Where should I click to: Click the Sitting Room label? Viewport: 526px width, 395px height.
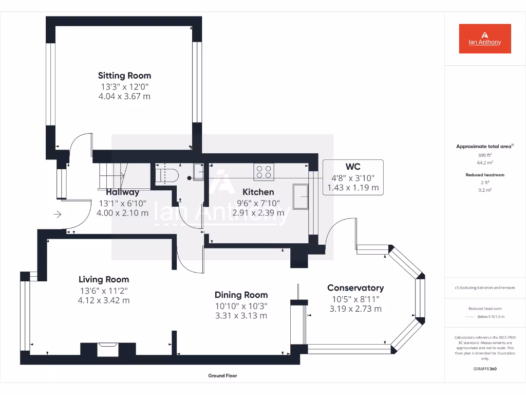[124, 76]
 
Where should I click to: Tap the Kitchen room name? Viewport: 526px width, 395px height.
[258, 192]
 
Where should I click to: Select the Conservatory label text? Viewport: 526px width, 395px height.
[355, 288]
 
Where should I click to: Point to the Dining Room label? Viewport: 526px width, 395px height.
[241, 295]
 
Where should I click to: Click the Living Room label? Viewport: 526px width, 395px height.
[104, 279]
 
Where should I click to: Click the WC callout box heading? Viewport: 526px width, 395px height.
[353, 167]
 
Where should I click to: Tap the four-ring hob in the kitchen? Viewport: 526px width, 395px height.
[264, 171]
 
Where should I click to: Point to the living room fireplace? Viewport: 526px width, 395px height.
[108, 349]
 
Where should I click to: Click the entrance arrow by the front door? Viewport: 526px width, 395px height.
[57, 214]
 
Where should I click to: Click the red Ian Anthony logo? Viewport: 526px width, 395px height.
[485, 39]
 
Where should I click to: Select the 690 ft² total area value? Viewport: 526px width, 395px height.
[484, 155]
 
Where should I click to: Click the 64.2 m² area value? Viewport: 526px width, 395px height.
[484, 163]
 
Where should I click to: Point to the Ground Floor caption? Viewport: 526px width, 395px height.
[222, 376]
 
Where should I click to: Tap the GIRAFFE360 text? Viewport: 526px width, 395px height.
[485, 369]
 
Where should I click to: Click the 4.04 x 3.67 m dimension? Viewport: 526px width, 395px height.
[124, 96]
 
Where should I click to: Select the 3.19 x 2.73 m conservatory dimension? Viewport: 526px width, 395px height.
[355, 309]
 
